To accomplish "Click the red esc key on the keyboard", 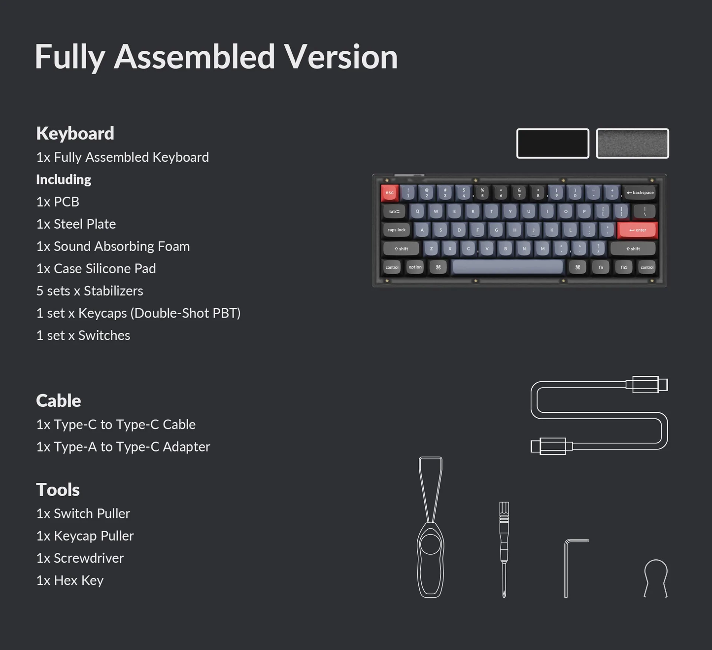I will pos(389,193).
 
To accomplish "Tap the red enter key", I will pos(637,230).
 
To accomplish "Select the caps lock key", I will pos(396,230).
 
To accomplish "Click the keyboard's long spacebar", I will pos(508,267).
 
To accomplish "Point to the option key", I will pos(415,267).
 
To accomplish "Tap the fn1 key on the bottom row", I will pos(624,267).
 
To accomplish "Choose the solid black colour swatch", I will pos(552,144).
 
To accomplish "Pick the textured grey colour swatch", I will pos(632,144).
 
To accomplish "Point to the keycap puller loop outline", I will pos(655,577).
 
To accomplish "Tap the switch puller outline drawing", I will pos(431,528).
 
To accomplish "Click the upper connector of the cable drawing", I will pos(646,384).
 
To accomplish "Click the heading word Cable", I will pos(59,400).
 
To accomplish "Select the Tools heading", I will pos(58,490).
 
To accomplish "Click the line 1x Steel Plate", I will pos(76,224).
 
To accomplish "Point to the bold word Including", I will pos(64,180).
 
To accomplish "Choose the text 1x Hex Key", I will pos(69,580).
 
